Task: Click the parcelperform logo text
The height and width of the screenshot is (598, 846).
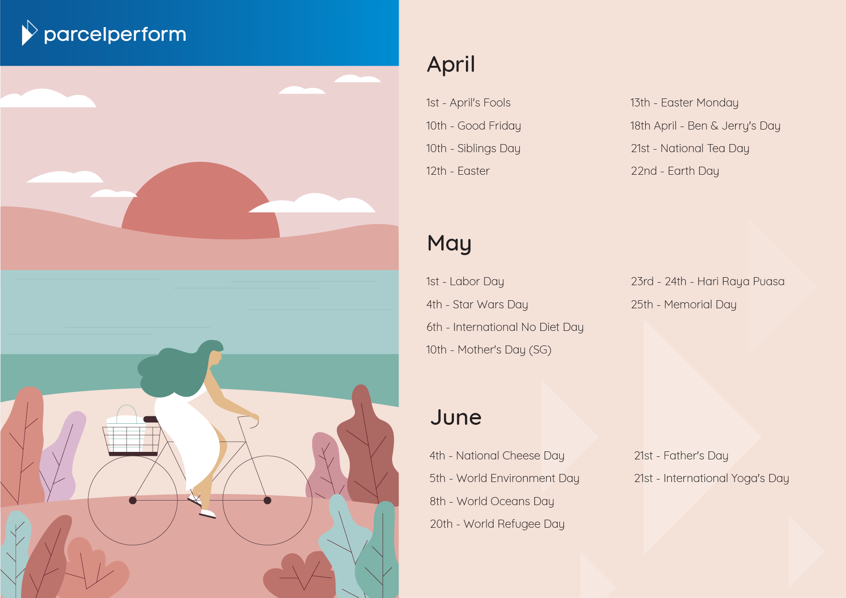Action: [x=115, y=35]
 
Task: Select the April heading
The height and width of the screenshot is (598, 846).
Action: [x=451, y=65]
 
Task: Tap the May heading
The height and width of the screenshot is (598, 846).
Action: [x=449, y=244]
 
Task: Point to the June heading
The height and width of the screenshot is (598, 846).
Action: [x=456, y=417]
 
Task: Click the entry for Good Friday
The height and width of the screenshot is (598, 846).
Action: [x=473, y=126]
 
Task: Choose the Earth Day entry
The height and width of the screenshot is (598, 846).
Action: [x=675, y=171]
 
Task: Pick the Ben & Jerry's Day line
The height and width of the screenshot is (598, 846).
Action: [x=705, y=126]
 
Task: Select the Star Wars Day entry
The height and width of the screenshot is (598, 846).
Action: [x=477, y=304]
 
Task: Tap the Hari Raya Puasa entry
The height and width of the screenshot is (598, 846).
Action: [x=707, y=282]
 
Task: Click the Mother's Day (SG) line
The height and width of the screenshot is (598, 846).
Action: [x=489, y=350]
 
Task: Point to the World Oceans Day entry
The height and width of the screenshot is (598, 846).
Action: [x=492, y=501]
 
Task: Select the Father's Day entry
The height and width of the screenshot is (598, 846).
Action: [x=681, y=455]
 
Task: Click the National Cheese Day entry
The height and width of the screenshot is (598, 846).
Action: [x=497, y=455]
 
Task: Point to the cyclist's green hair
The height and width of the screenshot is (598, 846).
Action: [x=178, y=369]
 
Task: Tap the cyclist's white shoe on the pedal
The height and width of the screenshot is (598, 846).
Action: [x=207, y=513]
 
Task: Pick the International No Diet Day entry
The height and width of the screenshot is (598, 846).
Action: [x=505, y=327]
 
